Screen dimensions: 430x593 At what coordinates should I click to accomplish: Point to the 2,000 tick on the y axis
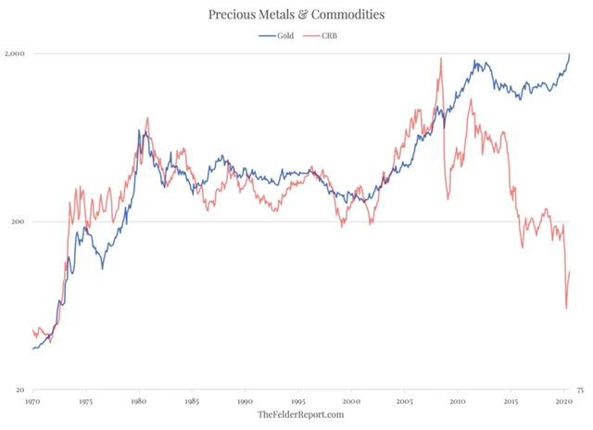[17, 54]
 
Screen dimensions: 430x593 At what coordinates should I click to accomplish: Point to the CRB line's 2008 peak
[441, 58]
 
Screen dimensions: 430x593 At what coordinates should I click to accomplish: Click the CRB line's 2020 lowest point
[566, 309]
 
